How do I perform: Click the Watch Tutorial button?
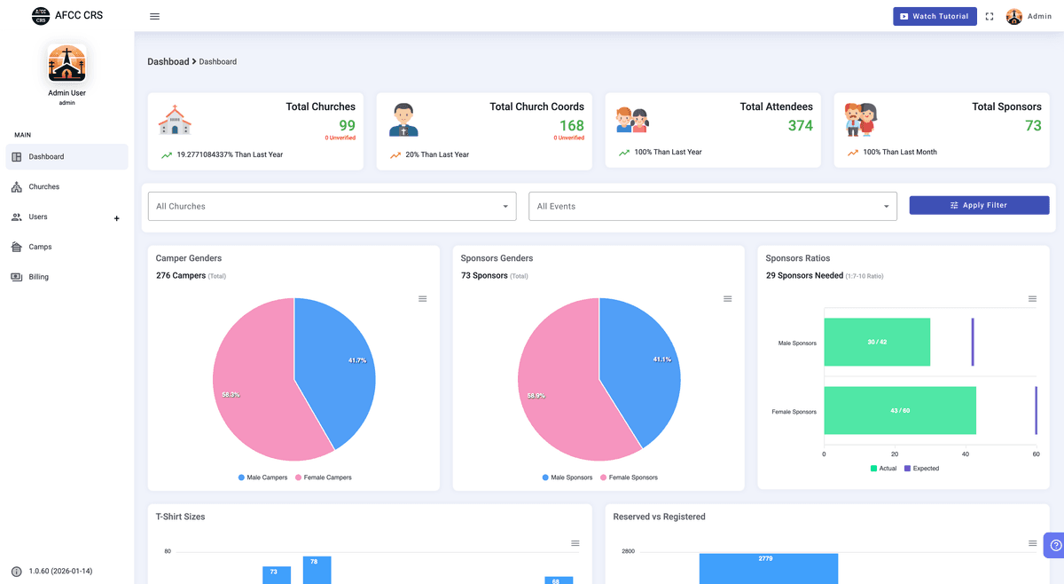pyautogui.click(x=935, y=16)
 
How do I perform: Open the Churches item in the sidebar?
pyautogui.click(x=43, y=187)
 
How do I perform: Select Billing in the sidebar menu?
pyautogui.click(x=38, y=277)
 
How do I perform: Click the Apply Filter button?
pyautogui.click(x=979, y=205)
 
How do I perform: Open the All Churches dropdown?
pyautogui.click(x=332, y=207)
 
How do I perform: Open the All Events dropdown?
pyautogui.click(x=712, y=207)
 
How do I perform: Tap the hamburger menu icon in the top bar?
pyautogui.click(x=155, y=16)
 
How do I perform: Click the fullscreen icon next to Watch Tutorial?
pyautogui.click(x=990, y=17)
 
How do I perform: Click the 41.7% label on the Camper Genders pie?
pyautogui.click(x=357, y=360)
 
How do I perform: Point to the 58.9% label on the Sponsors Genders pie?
pyautogui.click(x=536, y=396)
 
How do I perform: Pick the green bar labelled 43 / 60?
pyautogui.click(x=899, y=411)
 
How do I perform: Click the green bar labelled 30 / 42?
pyautogui.click(x=877, y=343)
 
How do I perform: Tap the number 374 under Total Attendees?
pyautogui.click(x=800, y=126)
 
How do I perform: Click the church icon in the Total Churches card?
pyautogui.click(x=175, y=120)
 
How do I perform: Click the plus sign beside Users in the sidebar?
pyautogui.click(x=116, y=218)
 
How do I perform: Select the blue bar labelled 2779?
pyautogui.click(x=768, y=569)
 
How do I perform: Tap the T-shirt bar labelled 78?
pyautogui.click(x=317, y=570)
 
